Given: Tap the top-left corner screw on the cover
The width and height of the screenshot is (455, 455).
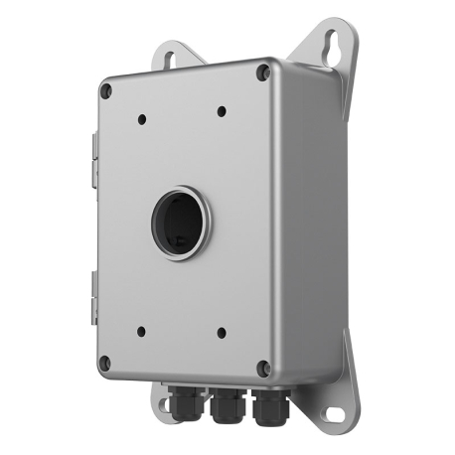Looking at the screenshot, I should click(x=106, y=89).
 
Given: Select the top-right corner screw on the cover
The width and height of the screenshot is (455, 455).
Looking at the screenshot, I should click(x=262, y=72).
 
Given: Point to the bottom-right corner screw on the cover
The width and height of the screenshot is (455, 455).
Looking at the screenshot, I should click(x=262, y=367).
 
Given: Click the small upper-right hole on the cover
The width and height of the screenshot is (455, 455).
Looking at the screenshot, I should click(x=221, y=112).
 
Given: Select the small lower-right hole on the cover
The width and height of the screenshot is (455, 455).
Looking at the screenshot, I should click(x=221, y=333).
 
